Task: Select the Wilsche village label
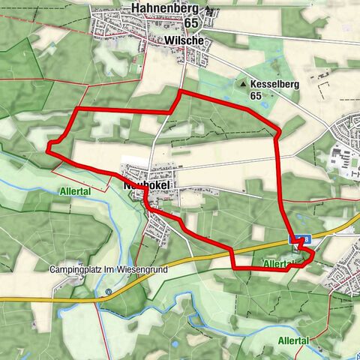(x=185, y=40)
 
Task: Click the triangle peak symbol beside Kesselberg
(x=244, y=84)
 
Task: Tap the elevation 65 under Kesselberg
(x=256, y=96)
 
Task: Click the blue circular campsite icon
(x=108, y=290)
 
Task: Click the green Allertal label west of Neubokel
(x=74, y=192)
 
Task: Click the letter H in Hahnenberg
(x=134, y=7)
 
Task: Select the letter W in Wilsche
(x=169, y=40)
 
